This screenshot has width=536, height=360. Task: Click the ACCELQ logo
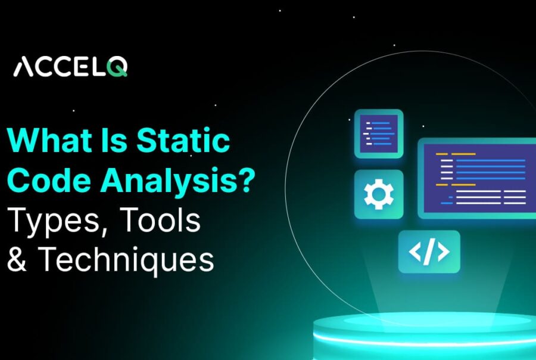click(70, 67)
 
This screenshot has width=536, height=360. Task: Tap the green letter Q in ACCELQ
click(117, 67)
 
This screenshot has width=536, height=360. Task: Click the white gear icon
click(378, 194)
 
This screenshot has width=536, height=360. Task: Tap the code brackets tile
click(429, 252)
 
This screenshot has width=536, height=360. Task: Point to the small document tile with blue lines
click(379, 134)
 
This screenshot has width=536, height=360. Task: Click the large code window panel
click(476, 178)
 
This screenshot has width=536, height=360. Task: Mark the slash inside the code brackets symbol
click(429, 252)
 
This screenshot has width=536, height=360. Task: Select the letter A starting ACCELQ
click(23, 67)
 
